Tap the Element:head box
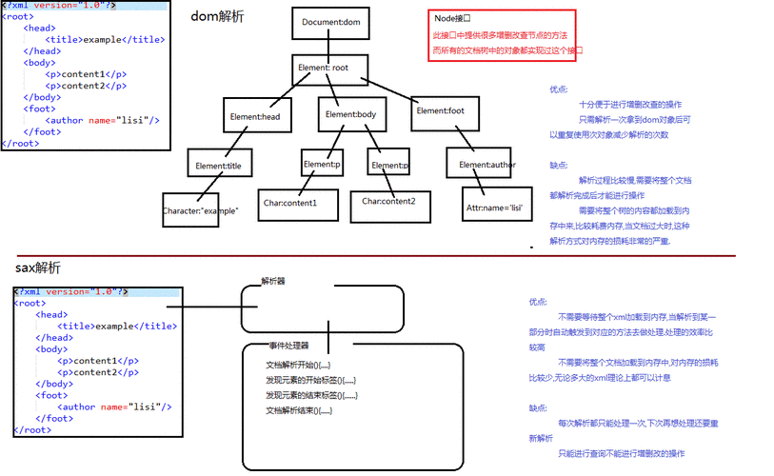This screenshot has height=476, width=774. (x=255, y=115)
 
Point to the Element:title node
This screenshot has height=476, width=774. (x=221, y=164)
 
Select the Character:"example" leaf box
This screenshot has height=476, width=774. (x=200, y=208)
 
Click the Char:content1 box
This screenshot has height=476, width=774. (x=291, y=202)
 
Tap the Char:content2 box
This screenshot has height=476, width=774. (x=395, y=201)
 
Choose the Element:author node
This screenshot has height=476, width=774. (x=486, y=164)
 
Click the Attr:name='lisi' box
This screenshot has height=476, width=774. (x=494, y=206)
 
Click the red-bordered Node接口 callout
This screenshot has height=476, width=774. (x=502, y=35)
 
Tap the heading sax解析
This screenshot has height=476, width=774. (x=37, y=268)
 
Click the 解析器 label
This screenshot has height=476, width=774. (x=273, y=282)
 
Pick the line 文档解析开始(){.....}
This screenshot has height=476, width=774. (x=298, y=365)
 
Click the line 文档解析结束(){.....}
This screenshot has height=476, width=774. (x=298, y=410)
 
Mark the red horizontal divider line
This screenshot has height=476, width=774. (x=381, y=255)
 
